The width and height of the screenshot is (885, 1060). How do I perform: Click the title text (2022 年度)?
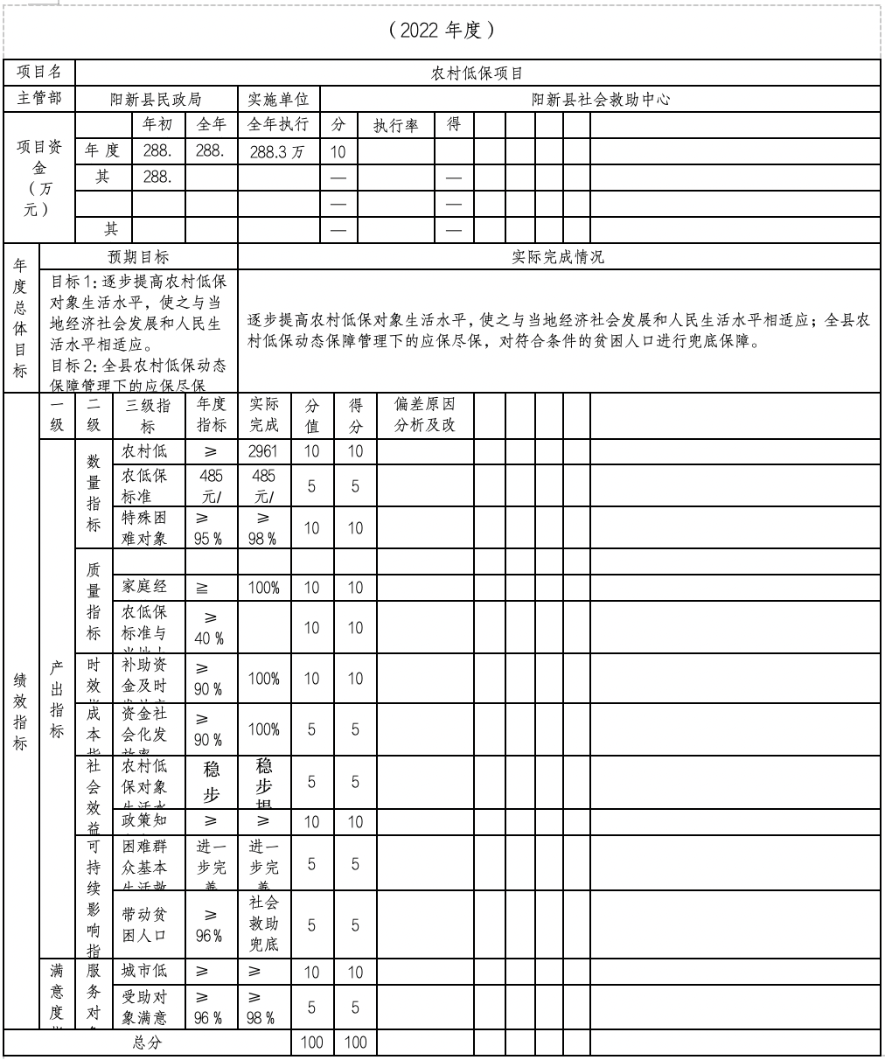pos(442,31)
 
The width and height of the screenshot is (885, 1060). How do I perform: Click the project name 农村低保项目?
pos(477,73)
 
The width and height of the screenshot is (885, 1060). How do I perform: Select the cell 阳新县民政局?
pos(156,99)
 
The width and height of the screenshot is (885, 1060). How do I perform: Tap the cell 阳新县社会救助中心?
pos(601,99)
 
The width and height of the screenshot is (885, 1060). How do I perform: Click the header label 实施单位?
pos(278,99)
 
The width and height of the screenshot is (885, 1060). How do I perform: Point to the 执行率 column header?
pos(395,125)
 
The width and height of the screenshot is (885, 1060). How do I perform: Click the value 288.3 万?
pos(277,151)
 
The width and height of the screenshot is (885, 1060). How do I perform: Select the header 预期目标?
pos(138,257)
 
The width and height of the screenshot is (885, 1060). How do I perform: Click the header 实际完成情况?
pos(557,257)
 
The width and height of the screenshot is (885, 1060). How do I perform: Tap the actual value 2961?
pos(263,451)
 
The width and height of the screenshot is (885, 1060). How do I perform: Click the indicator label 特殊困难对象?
pos(144,527)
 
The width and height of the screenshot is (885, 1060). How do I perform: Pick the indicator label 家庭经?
pos(144,587)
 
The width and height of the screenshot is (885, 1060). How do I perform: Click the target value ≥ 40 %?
pos(210,628)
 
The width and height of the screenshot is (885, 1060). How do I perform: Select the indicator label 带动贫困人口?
pos(144,924)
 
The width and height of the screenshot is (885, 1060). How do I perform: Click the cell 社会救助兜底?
pos(263,924)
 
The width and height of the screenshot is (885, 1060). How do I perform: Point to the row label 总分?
pos(147,1043)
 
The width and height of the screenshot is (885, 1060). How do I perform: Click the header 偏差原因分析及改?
pos(425,415)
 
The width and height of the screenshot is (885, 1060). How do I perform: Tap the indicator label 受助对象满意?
pos(144,1008)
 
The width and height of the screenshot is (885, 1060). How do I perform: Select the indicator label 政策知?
pos(144,820)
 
